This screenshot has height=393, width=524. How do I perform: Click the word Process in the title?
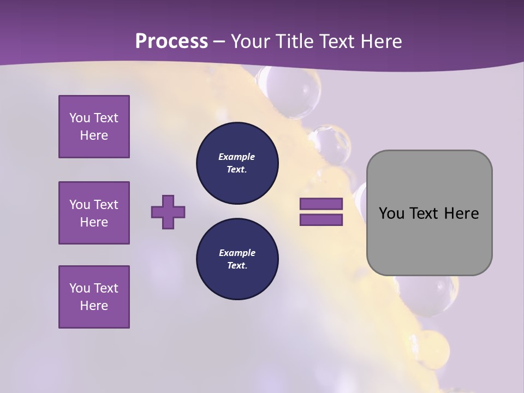pyautogui.click(x=171, y=41)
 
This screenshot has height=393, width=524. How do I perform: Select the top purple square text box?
pyautogui.click(x=94, y=127)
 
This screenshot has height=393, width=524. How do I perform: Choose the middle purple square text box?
pyautogui.click(x=94, y=213)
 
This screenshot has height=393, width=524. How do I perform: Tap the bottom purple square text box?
pyautogui.click(x=94, y=297)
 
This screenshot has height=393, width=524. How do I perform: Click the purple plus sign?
pyautogui.click(x=168, y=212)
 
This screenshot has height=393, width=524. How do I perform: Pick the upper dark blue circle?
pyautogui.click(x=237, y=163)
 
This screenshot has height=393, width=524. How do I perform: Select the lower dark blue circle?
pyautogui.click(x=237, y=259)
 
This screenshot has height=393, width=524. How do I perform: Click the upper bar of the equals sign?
pyautogui.click(x=321, y=204)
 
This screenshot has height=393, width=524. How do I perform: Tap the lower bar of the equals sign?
pyautogui.click(x=321, y=220)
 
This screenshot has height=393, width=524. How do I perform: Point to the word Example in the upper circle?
pyautogui.click(x=237, y=157)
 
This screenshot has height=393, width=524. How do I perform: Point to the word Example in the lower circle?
pyautogui.click(x=237, y=253)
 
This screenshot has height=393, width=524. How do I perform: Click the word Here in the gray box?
pyautogui.click(x=461, y=213)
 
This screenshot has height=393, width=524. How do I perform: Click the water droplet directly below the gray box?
pyautogui.click(x=431, y=295)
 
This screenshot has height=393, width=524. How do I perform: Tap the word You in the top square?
pyautogui.click(x=80, y=118)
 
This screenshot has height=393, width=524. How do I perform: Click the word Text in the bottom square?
pyautogui.click(x=105, y=288)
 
